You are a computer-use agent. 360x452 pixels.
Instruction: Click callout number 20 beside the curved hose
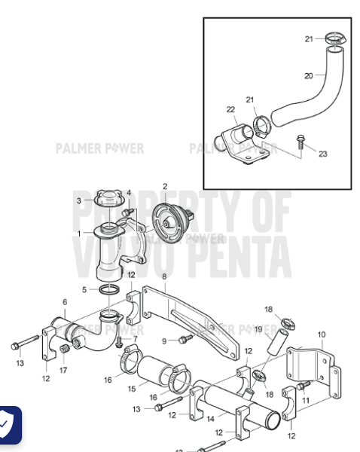pos(309,75)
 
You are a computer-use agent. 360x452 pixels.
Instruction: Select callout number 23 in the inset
pos(322,154)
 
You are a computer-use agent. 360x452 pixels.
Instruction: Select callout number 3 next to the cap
pos(78,200)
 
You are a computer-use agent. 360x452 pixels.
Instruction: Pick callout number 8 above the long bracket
pos(163,277)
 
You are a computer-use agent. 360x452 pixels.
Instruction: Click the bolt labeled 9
pos(182,340)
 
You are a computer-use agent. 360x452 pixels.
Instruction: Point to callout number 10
pos(322,334)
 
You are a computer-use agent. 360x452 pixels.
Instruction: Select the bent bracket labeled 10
pos(308,362)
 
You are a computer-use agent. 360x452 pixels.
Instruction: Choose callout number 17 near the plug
pos(63,369)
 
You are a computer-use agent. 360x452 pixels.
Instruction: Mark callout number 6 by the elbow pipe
pos(65,302)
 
